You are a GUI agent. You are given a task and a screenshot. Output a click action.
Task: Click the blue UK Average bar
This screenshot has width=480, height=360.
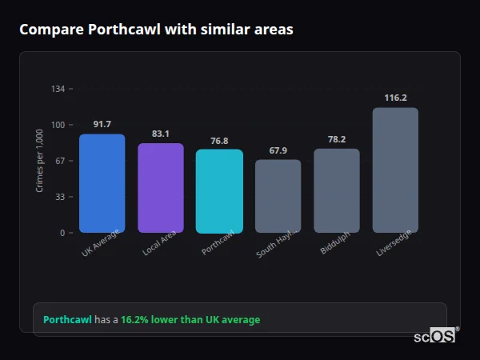point(102,183)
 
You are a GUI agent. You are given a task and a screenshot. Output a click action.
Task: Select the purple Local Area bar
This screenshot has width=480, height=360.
point(161,188)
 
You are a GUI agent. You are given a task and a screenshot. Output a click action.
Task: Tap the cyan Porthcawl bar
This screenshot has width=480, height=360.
point(219,191)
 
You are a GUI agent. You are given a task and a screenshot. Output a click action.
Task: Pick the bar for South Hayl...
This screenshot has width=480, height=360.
point(278,196)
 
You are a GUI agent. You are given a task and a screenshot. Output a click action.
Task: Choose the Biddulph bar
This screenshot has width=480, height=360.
point(337,190)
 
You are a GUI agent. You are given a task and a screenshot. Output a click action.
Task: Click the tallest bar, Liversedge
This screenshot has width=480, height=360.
point(395,170)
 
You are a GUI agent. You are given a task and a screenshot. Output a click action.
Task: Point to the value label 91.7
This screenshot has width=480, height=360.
point(102,124)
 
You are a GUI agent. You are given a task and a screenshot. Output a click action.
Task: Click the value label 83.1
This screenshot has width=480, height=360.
point(161,134)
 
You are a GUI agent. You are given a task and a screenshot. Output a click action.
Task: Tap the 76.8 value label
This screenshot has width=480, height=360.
point(219,140)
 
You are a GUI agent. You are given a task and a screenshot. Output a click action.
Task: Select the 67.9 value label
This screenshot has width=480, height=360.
point(278,150)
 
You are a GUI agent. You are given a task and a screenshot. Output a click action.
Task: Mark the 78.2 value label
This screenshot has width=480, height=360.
point(337,139)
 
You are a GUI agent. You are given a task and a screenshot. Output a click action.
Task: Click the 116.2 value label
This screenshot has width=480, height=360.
point(395,98)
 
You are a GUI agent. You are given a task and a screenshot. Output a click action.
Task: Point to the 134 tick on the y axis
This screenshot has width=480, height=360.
point(58,89)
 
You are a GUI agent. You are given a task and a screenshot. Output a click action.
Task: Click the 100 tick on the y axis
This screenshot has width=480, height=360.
point(58,125)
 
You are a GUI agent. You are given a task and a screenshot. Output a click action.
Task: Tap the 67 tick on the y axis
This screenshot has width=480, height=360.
point(60,161)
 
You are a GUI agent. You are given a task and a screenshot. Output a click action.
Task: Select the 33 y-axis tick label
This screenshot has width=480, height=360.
point(60,197)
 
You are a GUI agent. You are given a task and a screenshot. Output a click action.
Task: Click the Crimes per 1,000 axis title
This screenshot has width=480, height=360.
point(40,160)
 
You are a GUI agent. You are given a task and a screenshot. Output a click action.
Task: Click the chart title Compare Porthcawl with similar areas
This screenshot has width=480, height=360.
point(156,30)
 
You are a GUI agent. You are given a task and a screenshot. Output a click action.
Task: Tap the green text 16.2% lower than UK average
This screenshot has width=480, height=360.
point(190,320)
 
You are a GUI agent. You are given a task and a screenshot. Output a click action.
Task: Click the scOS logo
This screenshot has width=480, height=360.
point(435,337)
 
